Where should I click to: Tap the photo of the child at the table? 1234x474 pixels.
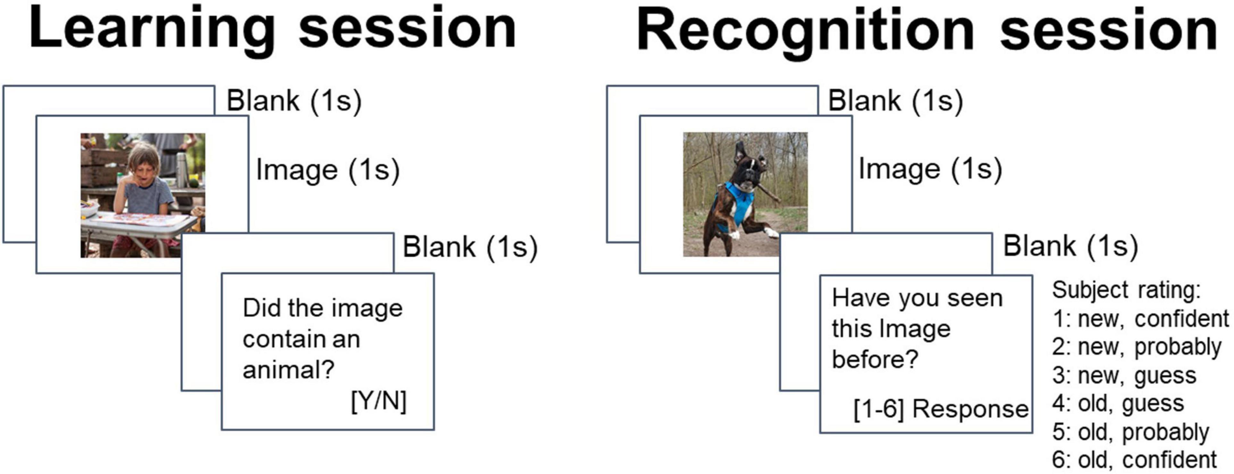pos(143,195)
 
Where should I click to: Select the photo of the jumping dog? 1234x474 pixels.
pos(746,195)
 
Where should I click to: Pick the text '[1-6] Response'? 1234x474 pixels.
pos(941,409)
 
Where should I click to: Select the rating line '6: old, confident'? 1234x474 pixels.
pos(1134,460)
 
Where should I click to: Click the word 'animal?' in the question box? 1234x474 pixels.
pos(288,369)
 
